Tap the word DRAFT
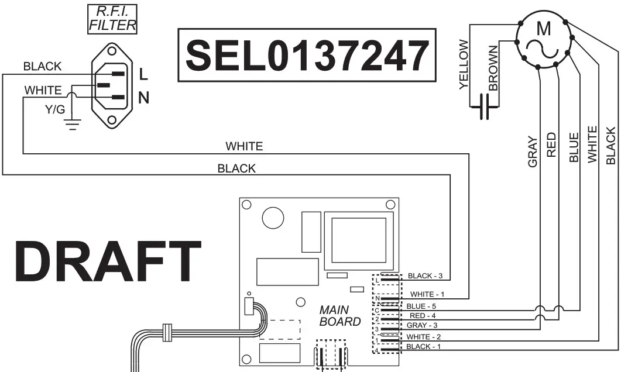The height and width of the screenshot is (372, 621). point(108,262)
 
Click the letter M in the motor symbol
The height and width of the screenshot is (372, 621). point(544,28)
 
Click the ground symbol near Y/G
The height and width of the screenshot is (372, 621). point(73,123)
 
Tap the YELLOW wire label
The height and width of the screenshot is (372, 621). point(464,64)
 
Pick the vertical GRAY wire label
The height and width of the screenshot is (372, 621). point(533,151)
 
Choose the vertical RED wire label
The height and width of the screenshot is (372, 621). point(551,144)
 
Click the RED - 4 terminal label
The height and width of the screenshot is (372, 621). point(422,316)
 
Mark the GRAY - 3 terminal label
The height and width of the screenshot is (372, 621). point(422,325)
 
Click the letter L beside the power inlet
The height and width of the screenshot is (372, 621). point(143,74)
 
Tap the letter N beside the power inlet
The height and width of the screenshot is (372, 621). point(143,98)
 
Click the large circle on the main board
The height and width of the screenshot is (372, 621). point(272,218)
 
